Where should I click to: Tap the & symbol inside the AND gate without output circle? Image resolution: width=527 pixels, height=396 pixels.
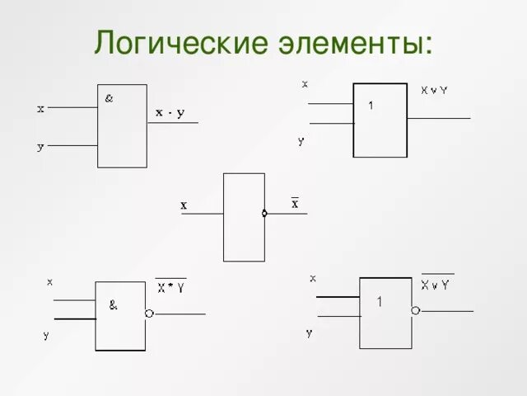[109, 99]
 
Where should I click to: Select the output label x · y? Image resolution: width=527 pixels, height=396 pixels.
[170, 112]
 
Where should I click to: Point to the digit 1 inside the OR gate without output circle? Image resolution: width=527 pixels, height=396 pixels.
[371, 105]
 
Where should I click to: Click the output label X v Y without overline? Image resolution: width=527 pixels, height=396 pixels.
[434, 90]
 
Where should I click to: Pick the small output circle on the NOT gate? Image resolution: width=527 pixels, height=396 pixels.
[264, 214]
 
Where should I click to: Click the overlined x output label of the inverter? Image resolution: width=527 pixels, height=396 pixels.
[295, 203]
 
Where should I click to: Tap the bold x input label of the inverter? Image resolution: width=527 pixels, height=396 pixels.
[184, 205]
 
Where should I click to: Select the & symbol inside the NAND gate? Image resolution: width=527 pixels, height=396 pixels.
[113, 304]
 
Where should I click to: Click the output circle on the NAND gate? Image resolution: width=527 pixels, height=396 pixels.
[149, 313]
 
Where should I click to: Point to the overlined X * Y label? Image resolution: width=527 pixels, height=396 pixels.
[171, 288]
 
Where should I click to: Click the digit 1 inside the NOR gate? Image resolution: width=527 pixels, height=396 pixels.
[380, 302]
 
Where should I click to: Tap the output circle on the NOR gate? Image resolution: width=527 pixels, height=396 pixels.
[416, 310]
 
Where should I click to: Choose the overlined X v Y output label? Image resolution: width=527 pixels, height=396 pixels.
[435, 285]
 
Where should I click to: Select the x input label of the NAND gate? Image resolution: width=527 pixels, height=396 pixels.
[49, 281]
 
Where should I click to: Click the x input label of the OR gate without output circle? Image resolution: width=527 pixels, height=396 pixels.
[305, 83]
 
